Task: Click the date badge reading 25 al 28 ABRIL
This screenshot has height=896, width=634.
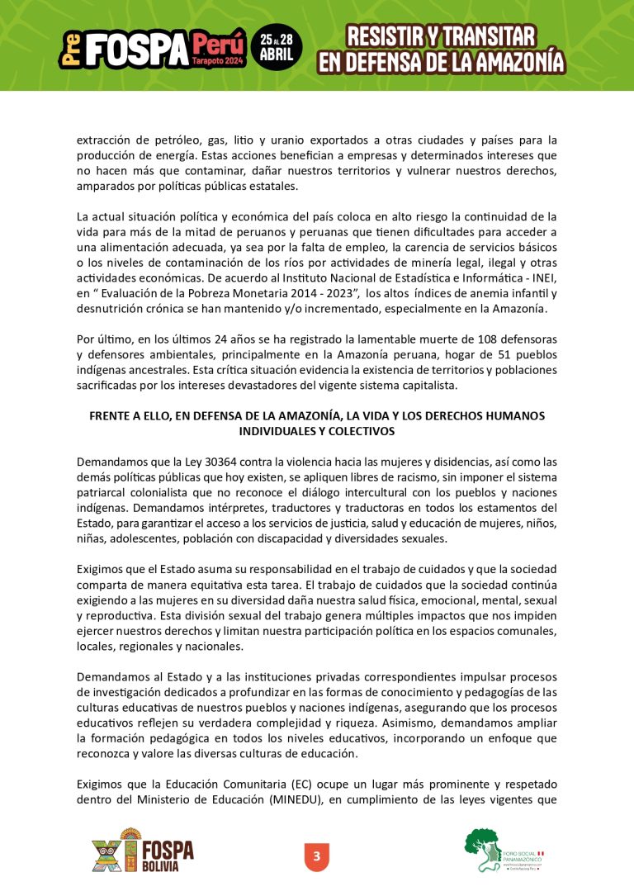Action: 276,48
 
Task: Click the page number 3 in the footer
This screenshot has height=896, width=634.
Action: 316,856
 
